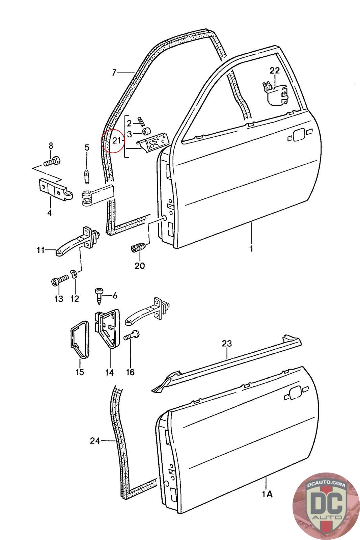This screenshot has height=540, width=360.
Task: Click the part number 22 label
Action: pos(275,71)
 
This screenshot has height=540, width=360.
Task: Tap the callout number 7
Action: pos(114,72)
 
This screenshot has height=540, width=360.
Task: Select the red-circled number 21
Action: pos(116,141)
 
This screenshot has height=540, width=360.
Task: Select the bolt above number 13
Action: pos(59,281)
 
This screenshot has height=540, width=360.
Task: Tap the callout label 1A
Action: pos(267,494)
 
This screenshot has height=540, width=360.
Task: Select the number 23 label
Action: pos(227,344)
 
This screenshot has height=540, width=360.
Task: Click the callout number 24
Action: pos(95,441)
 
